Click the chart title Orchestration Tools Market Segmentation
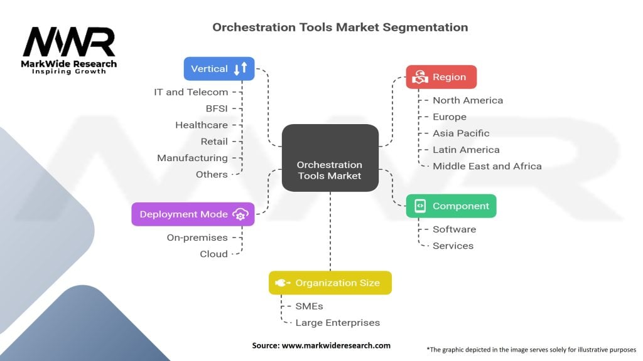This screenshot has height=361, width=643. [x=340, y=27]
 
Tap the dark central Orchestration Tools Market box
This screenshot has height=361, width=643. [x=330, y=157]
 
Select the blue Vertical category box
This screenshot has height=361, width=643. [x=219, y=68]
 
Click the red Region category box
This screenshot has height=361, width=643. [x=441, y=77]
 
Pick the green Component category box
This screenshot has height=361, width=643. [x=451, y=206]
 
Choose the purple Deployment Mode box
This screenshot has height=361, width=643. [x=193, y=214]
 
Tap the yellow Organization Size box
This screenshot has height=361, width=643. [x=330, y=283]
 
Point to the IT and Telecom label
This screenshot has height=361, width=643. [x=191, y=92]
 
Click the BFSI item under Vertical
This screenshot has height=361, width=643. [x=217, y=108]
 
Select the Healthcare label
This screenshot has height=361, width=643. [x=202, y=125]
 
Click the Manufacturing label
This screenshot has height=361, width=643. [x=192, y=158]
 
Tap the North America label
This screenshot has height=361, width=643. [x=468, y=100]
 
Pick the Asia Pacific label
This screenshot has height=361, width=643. [x=461, y=133]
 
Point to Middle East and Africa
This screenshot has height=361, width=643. [x=487, y=166]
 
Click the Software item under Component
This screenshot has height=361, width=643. [x=454, y=229]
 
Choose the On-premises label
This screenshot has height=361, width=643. [x=197, y=238]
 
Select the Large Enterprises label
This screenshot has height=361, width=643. [x=338, y=323]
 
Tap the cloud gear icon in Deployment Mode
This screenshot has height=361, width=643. [x=240, y=214]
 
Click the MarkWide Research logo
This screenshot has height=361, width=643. [x=69, y=50]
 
